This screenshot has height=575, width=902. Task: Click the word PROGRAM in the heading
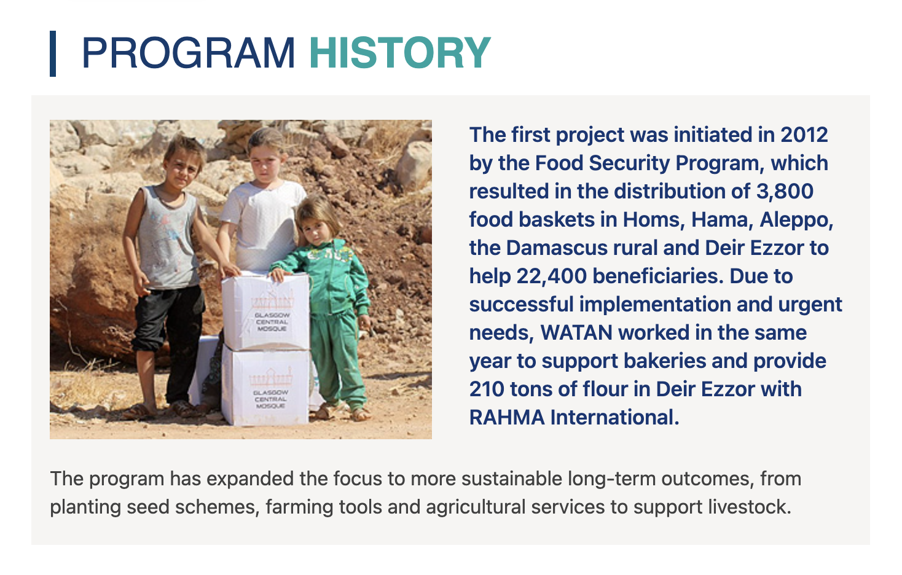(x=189, y=53)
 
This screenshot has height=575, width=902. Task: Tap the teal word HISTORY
(x=400, y=53)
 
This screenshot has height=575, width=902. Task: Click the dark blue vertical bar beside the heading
(x=53, y=53)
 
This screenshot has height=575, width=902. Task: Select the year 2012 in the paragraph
(x=804, y=135)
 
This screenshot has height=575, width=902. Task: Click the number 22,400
(x=551, y=276)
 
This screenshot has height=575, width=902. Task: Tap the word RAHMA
(x=507, y=417)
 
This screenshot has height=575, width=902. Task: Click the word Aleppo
(x=796, y=221)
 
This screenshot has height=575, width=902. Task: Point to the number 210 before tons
(x=487, y=389)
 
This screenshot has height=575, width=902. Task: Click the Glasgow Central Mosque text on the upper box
(x=272, y=322)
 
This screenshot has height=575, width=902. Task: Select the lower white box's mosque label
(x=270, y=399)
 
